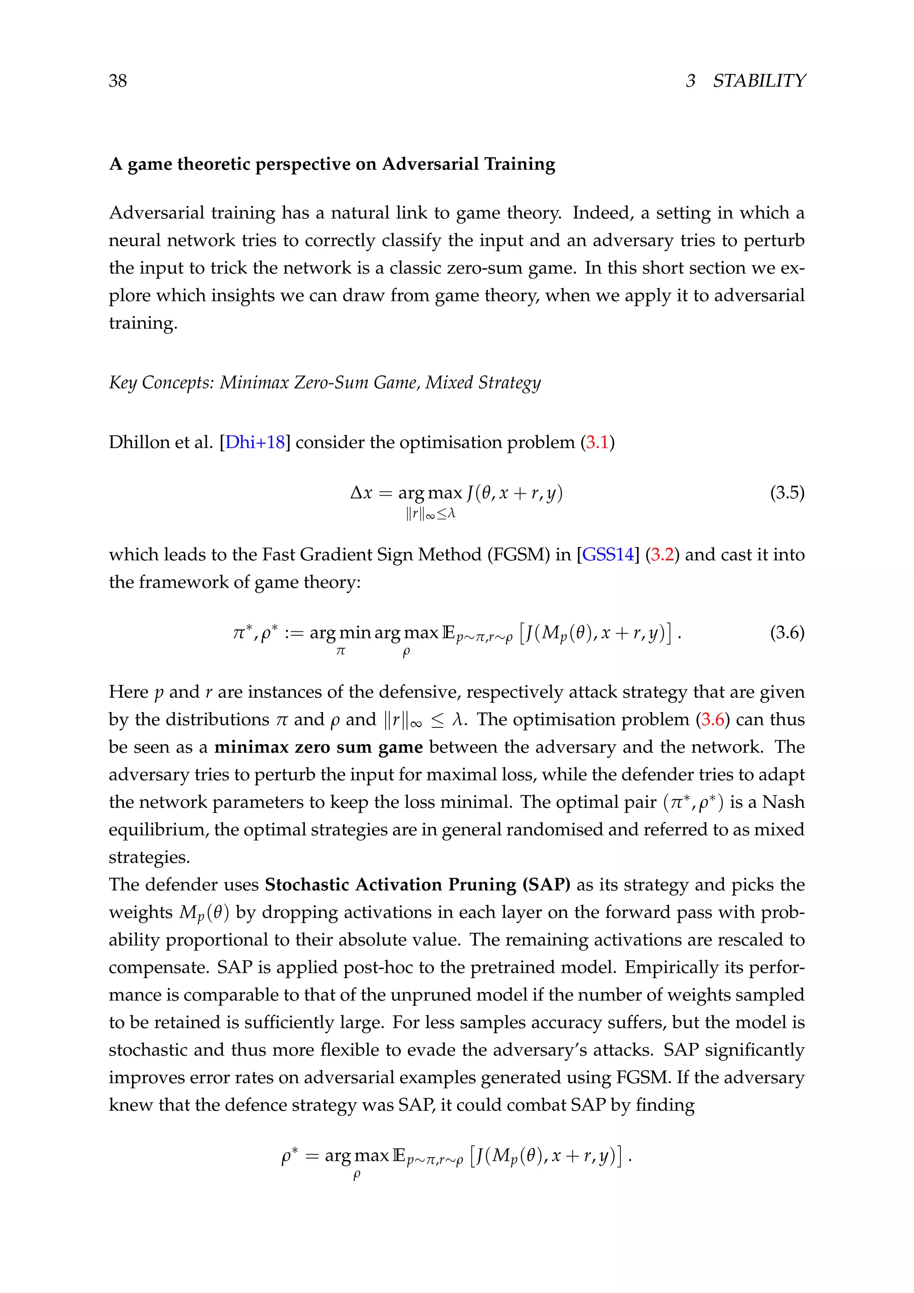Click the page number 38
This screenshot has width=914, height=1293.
118,81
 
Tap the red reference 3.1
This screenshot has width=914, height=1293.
598,442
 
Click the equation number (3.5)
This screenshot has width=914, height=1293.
787,493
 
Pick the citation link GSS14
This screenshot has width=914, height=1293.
608,555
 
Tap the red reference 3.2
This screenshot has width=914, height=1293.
662,555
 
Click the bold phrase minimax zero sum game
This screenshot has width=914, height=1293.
319,747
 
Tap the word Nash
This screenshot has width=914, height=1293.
783,802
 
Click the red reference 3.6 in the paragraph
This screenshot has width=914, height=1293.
713,720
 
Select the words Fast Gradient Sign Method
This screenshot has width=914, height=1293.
371,555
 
